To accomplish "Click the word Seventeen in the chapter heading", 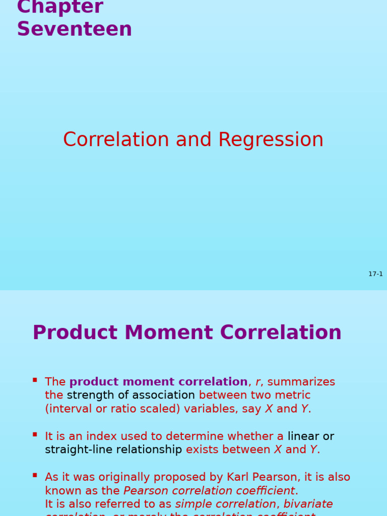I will (75, 29).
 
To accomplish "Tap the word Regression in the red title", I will (271, 140).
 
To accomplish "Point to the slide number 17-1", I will (375, 274).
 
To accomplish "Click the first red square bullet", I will (35, 380).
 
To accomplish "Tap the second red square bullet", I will (35, 434).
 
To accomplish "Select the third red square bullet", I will (35, 475).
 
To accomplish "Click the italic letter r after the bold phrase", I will (257, 382).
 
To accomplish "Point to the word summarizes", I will (301, 382).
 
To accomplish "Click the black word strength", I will (90, 396).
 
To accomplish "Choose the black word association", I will (163, 396).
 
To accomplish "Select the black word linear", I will (303, 436).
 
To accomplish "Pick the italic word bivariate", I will (308, 504).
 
